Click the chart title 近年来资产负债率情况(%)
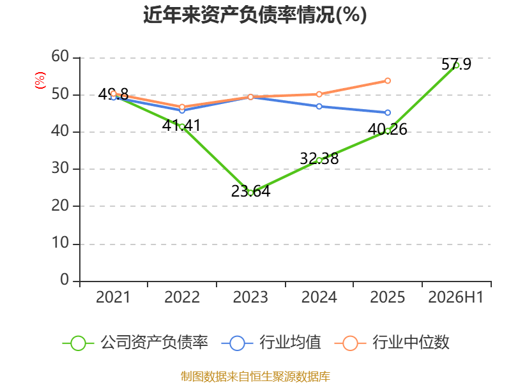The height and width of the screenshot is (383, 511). pos(255,15)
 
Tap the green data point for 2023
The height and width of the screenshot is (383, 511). pos(250,193)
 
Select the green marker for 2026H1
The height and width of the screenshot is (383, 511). pos(456,65)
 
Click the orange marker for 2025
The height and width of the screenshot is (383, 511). pos(388,80)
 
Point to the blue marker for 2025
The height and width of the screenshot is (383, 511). pos(388,113)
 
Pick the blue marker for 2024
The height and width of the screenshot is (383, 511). pos(319,107)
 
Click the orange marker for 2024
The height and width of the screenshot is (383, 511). pos(319,94)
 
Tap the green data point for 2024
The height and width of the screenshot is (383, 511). pos(319,160)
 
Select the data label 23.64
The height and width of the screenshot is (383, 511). pos(250,191)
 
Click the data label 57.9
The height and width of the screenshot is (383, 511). pos(456,64)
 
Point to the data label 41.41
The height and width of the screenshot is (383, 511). pos(181,125)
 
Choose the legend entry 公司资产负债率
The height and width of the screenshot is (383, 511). pos(135,343)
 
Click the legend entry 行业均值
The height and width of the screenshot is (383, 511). pos(271,343)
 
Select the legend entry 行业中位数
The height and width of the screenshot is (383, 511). pos(392,343)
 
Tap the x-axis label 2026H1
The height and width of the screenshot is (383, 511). pos(455,297)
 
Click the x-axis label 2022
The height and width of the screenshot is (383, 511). pos(182,297)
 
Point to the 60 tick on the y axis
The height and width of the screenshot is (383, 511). pos(60,56)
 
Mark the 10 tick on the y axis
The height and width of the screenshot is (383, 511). pos(60,243)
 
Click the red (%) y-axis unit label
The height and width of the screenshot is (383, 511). pos(40,80)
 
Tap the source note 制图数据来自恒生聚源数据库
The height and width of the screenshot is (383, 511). pos(255,376)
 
